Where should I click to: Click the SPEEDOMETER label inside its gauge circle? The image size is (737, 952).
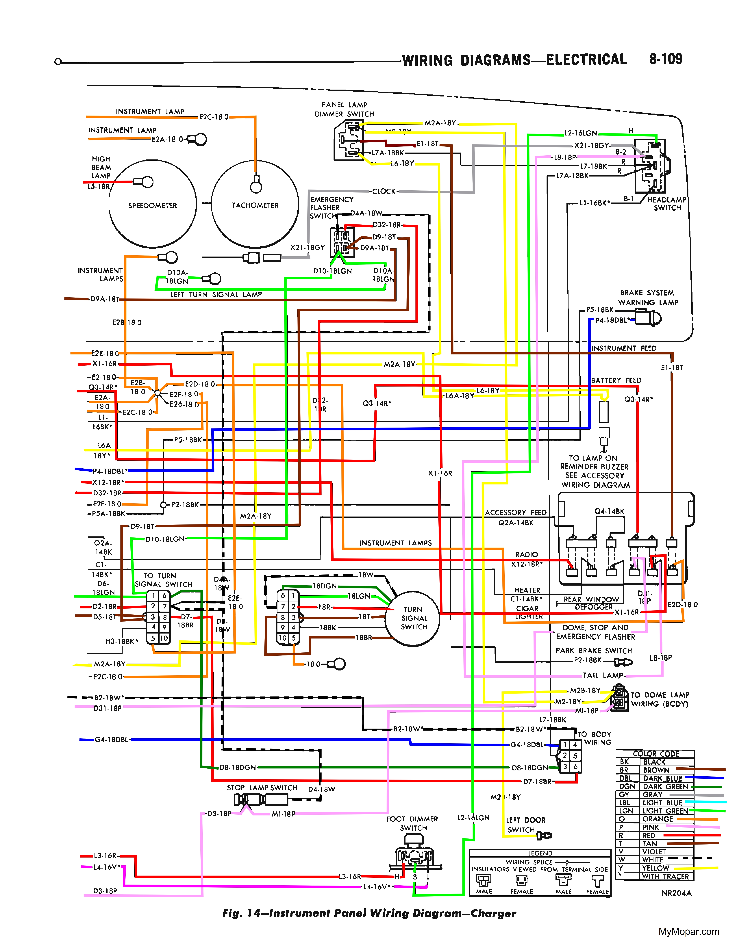click(152, 205)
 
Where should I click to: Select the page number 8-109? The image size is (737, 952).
click(665, 59)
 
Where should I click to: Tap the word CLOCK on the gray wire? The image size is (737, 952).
click(384, 191)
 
